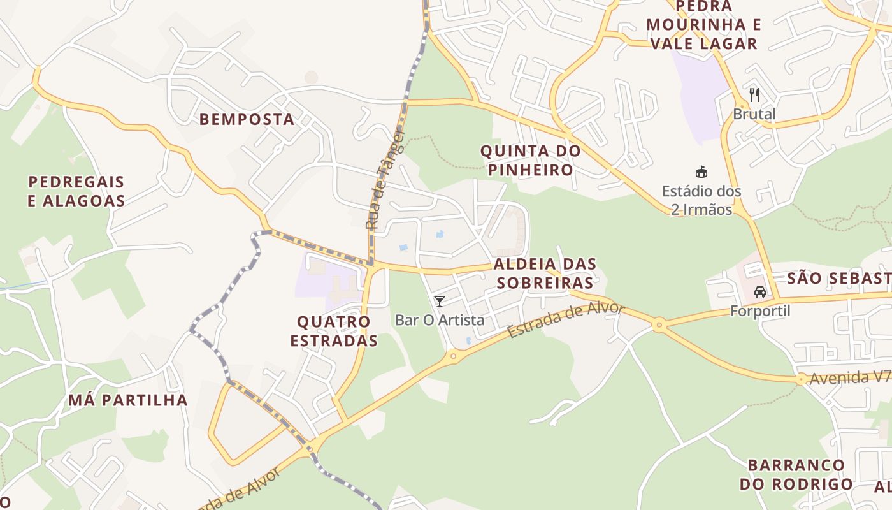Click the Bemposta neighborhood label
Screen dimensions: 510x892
click(247, 119)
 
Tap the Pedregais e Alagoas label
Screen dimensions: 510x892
click(76, 191)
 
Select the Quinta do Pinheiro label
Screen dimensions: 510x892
click(530, 161)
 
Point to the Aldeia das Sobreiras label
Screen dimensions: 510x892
click(544, 273)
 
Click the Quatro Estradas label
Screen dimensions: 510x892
click(334, 331)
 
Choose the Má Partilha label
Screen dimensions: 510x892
click(127, 400)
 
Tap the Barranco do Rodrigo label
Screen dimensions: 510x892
click(796, 474)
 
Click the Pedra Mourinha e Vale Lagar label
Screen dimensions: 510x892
click(703, 25)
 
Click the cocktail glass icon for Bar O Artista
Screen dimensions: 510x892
click(439, 302)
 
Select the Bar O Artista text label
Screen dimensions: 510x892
click(440, 320)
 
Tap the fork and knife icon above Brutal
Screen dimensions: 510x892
click(754, 96)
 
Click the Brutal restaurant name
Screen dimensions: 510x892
click(754, 114)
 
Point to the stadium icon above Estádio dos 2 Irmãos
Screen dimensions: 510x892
click(701, 172)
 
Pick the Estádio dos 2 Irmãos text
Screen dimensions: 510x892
click(701, 200)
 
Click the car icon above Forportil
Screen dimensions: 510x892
click(759, 292)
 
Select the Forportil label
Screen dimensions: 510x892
click(759, 311)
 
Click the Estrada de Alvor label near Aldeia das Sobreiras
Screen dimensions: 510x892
click(566, 321)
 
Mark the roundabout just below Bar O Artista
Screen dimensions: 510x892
click(453, 356)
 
